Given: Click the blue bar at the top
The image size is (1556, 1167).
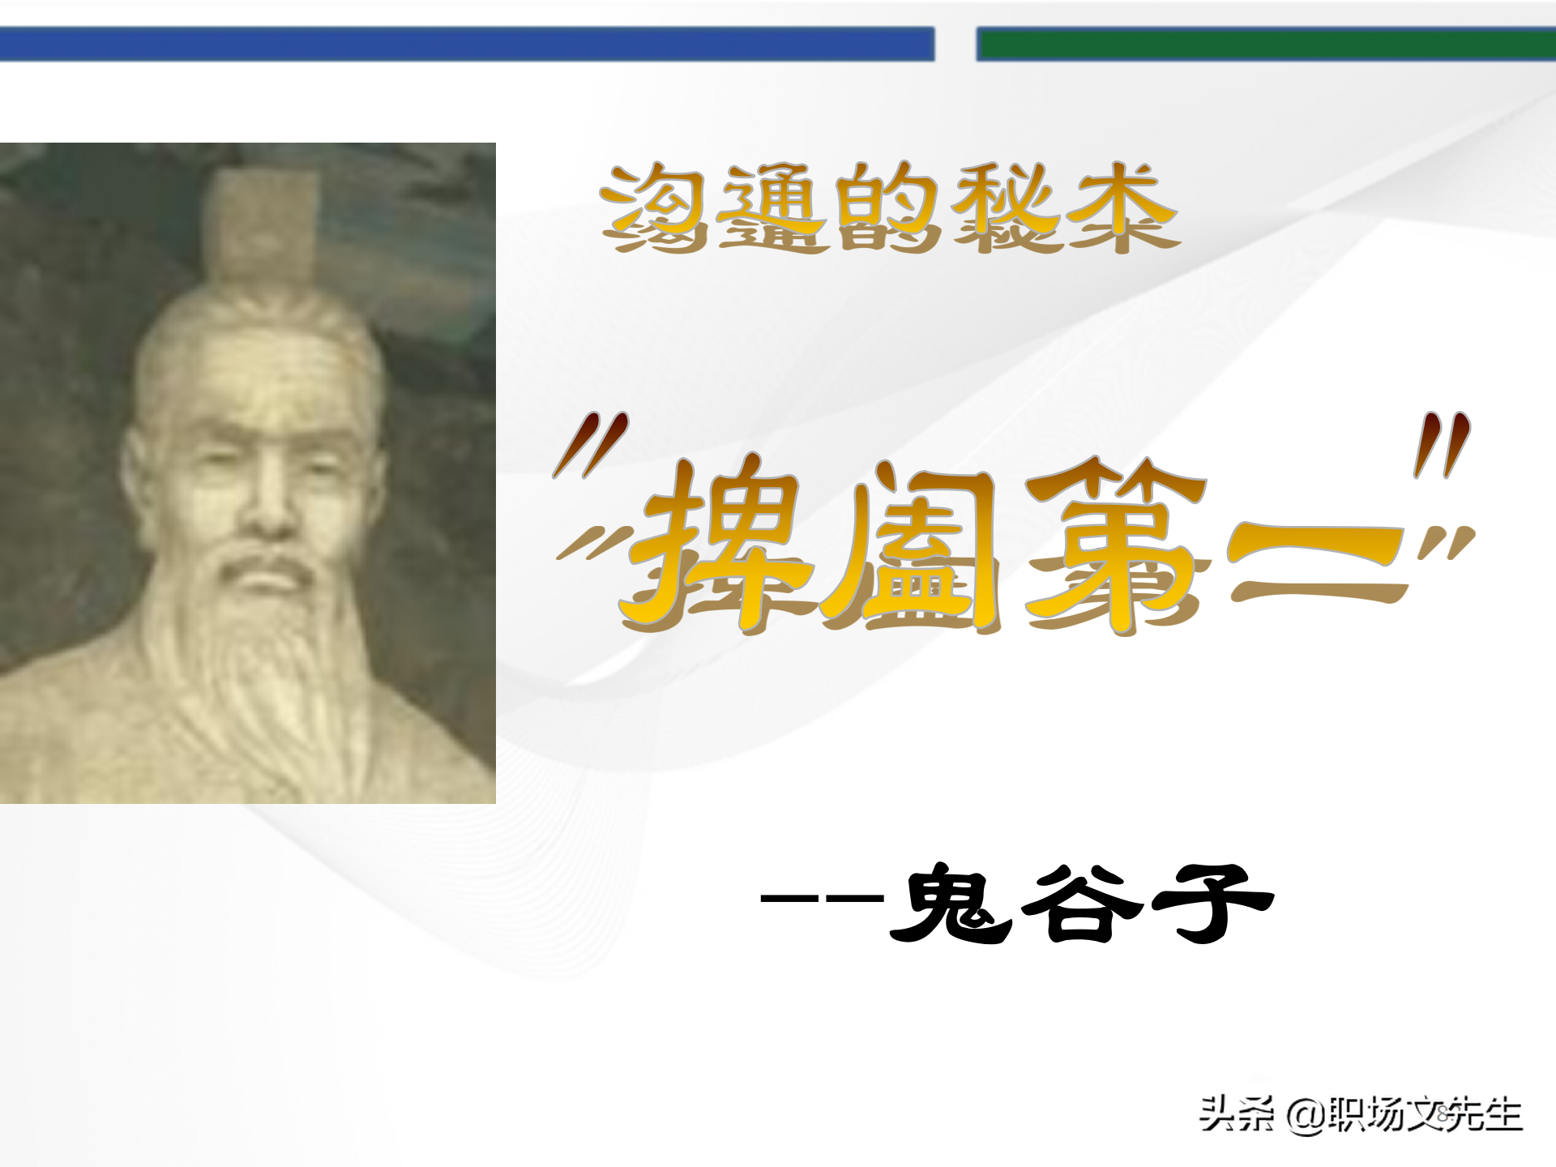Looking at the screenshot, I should point(467,44).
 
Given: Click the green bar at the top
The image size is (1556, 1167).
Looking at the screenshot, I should point(1264,44).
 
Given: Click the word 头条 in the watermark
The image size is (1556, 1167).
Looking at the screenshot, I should point(1236,1114).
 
